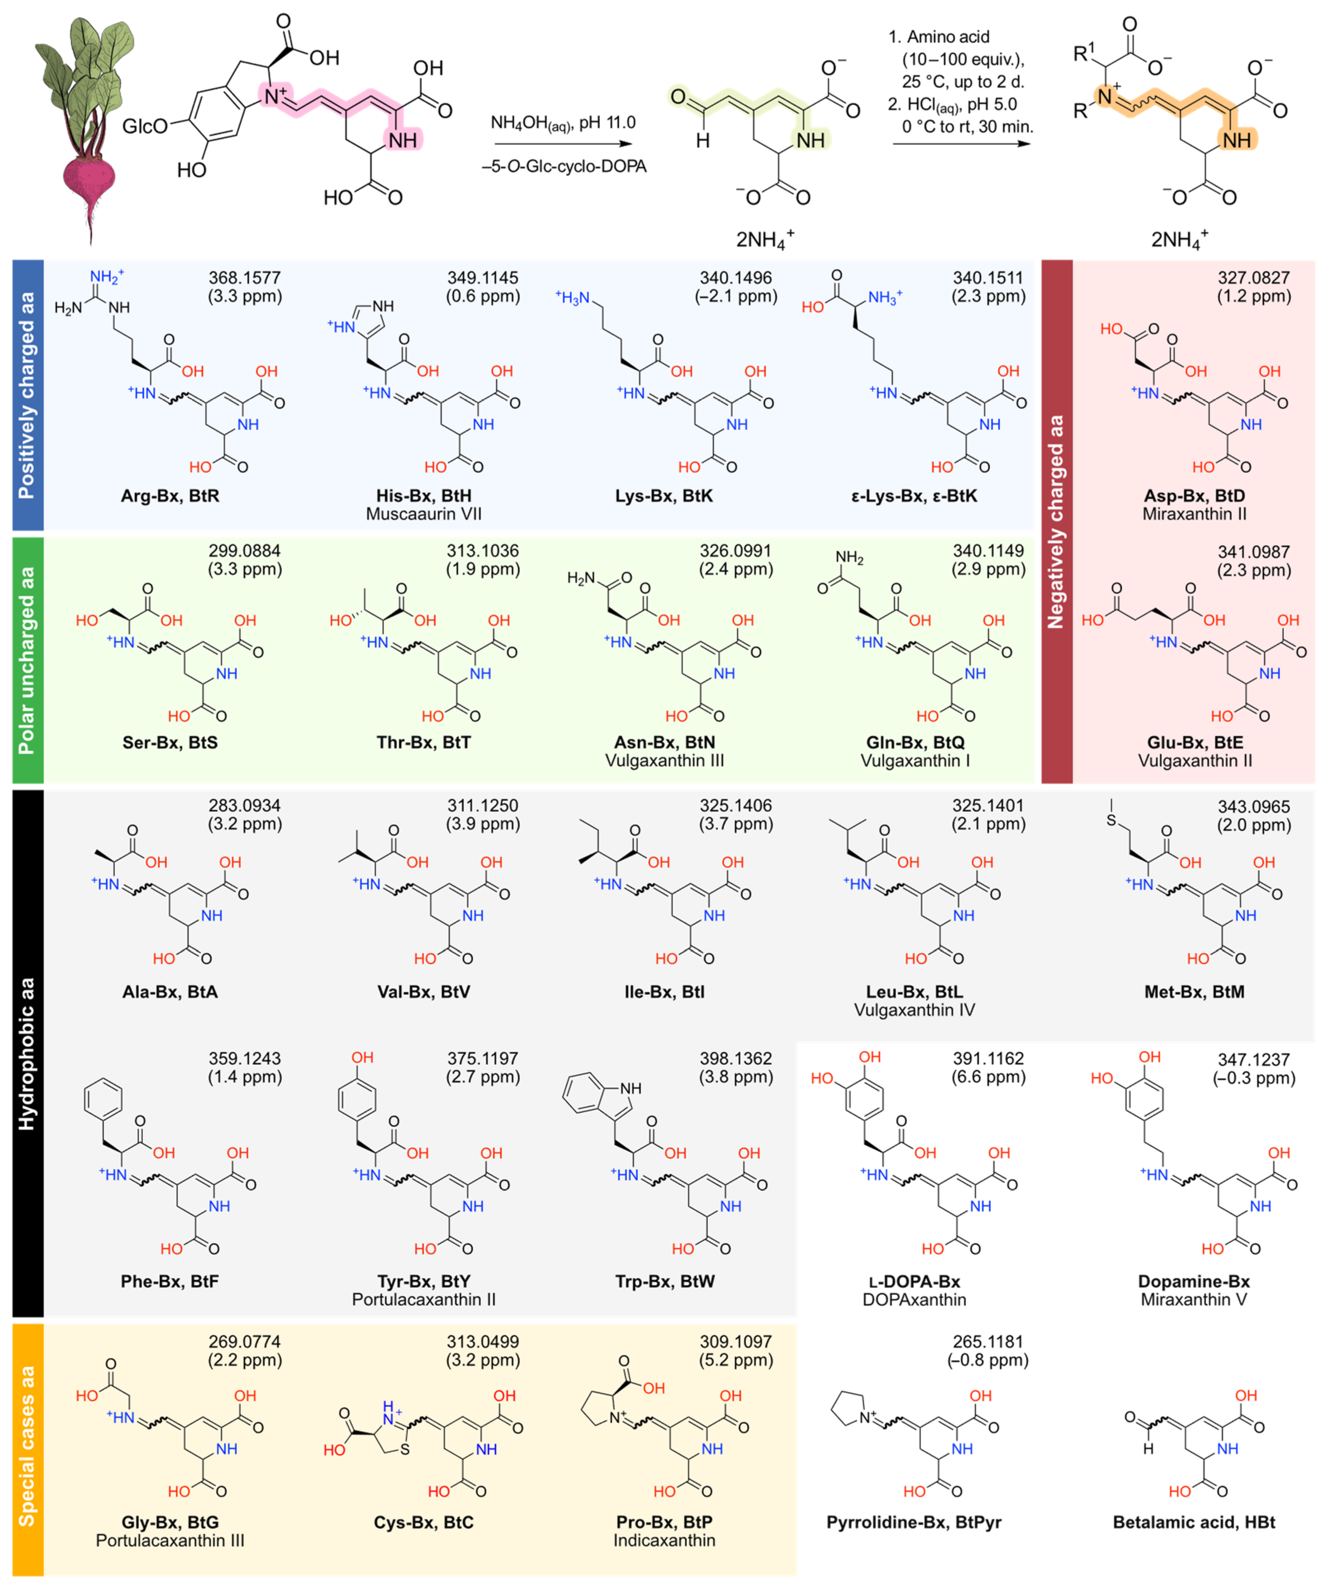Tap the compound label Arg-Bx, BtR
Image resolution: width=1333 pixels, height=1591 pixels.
[170, 496]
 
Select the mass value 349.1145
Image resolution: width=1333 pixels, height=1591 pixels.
[483, 278]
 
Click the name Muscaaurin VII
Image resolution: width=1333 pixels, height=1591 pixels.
[424, 515]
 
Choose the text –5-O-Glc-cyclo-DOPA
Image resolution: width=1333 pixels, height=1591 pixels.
[565, 167]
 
